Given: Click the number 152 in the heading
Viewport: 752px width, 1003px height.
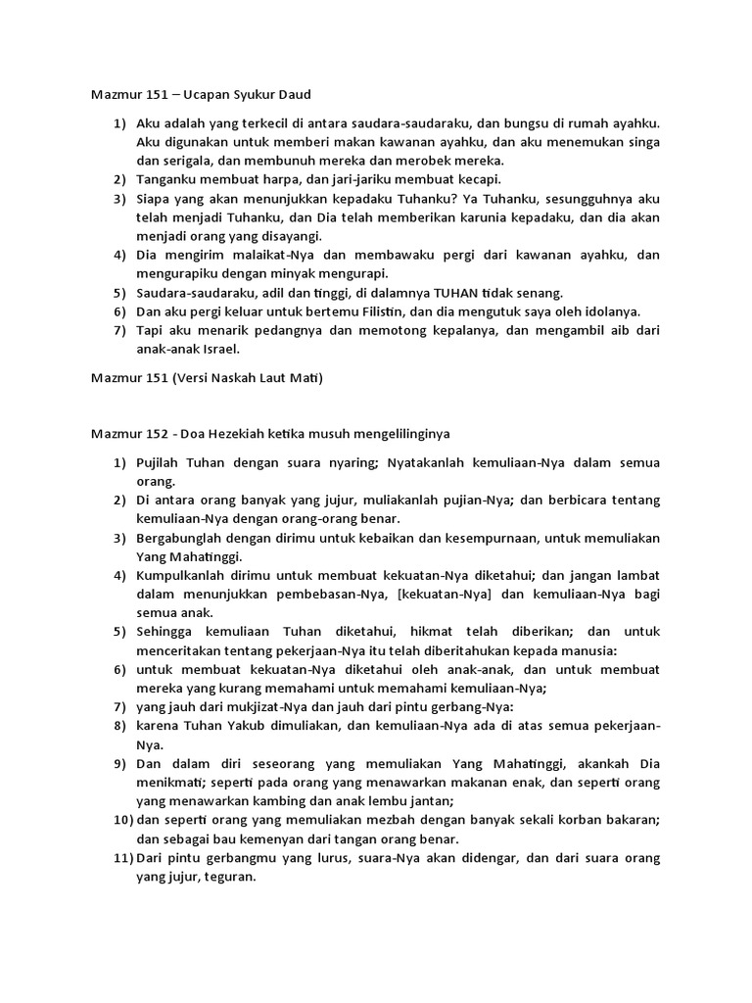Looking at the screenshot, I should point(157,433).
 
